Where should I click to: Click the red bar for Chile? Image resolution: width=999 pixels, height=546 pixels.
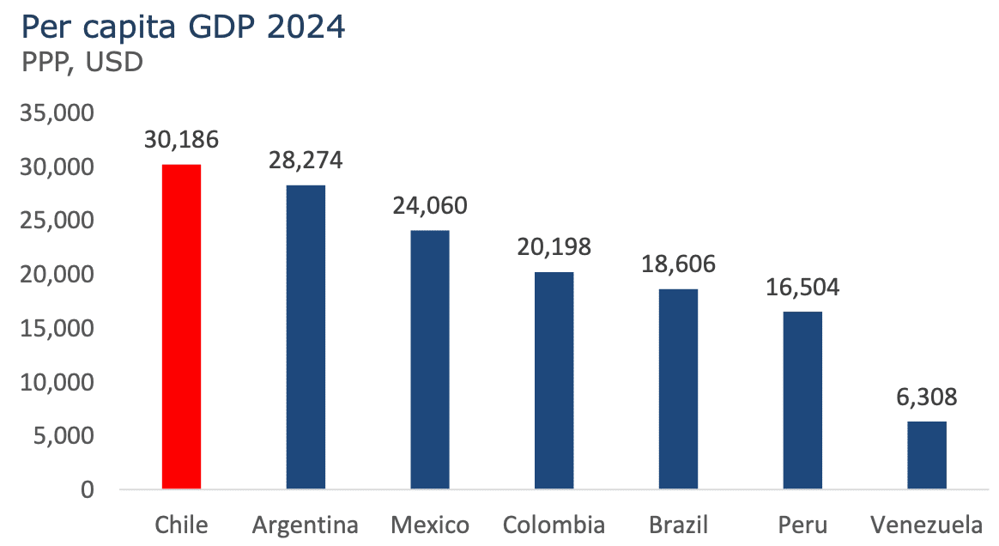(181, 326)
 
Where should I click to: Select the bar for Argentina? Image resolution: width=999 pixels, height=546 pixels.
(306, 337)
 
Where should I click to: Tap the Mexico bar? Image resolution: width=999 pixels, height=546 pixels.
(430, 360)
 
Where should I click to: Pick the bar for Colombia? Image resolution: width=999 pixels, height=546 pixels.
(554, 380)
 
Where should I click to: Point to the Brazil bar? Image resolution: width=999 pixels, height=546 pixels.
(678, 389)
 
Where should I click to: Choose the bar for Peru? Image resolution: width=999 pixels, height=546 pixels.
(802, 400)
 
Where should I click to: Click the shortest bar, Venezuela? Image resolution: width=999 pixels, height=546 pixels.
(927, 455)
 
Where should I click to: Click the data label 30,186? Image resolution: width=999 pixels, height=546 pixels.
(181, 139)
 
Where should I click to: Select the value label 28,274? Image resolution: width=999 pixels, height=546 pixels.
(306, 160)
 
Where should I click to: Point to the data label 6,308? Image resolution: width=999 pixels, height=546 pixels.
(927, 397)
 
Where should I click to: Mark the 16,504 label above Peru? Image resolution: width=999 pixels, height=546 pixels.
(802, 287)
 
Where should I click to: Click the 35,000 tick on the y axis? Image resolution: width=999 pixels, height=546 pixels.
(57, 113)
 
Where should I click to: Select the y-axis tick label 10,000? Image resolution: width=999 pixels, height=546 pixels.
(57, 382)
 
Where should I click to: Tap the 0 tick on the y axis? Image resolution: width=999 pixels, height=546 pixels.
(88, 490)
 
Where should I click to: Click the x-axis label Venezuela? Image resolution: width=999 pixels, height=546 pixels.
(927, 525)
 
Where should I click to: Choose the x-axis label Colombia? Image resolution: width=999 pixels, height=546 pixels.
(554, 525)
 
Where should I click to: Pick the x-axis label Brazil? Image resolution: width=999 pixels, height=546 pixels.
(678, 525)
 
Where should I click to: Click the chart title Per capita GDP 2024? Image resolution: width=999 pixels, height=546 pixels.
(182, 27)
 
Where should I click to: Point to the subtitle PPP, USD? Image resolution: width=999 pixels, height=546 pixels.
(82, 62)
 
